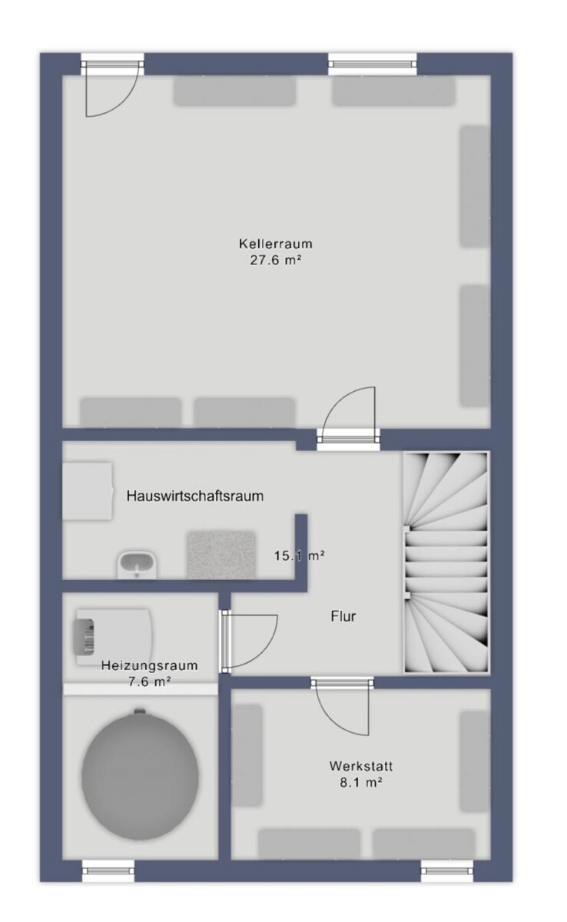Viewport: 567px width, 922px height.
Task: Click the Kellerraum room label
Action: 275,244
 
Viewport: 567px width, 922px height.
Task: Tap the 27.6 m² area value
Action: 275,260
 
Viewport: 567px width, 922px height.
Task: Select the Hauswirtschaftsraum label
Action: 195,496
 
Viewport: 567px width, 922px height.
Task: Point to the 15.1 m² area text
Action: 300,556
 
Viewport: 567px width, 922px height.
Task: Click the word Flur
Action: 343,616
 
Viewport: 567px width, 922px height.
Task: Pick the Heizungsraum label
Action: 149,665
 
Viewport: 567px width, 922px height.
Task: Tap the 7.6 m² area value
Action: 149,682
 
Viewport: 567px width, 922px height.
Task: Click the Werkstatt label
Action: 361,766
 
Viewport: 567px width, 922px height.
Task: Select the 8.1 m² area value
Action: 361,782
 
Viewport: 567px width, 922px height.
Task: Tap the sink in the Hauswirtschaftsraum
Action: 137,565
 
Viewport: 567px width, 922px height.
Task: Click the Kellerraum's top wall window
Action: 372,64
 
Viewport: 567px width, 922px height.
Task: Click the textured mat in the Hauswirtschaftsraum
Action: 221,555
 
